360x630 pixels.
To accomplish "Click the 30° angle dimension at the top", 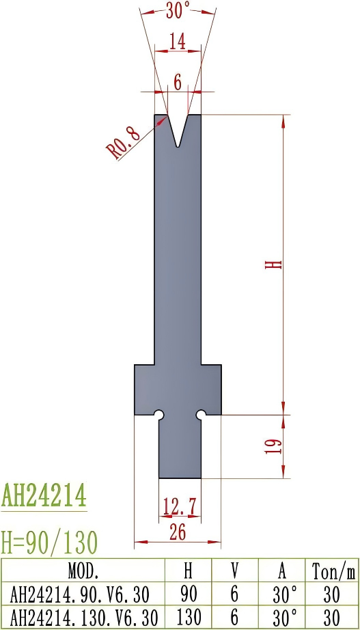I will (178, 10).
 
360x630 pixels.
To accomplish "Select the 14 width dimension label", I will (178, 42).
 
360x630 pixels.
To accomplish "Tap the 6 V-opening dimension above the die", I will (178, 83).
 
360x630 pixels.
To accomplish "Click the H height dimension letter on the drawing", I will (273, 264).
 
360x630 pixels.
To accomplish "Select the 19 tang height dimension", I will (273, 446).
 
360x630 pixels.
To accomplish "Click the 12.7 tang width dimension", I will (179, 506).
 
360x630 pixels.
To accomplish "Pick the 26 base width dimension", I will (178, 534).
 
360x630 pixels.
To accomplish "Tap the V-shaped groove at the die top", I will (178, 130).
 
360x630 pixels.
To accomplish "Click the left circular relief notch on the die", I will (158, 415).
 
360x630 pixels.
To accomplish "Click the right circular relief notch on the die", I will (201, 415).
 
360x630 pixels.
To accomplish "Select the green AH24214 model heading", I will (44, 494).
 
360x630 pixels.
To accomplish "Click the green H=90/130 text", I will (49, 542).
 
